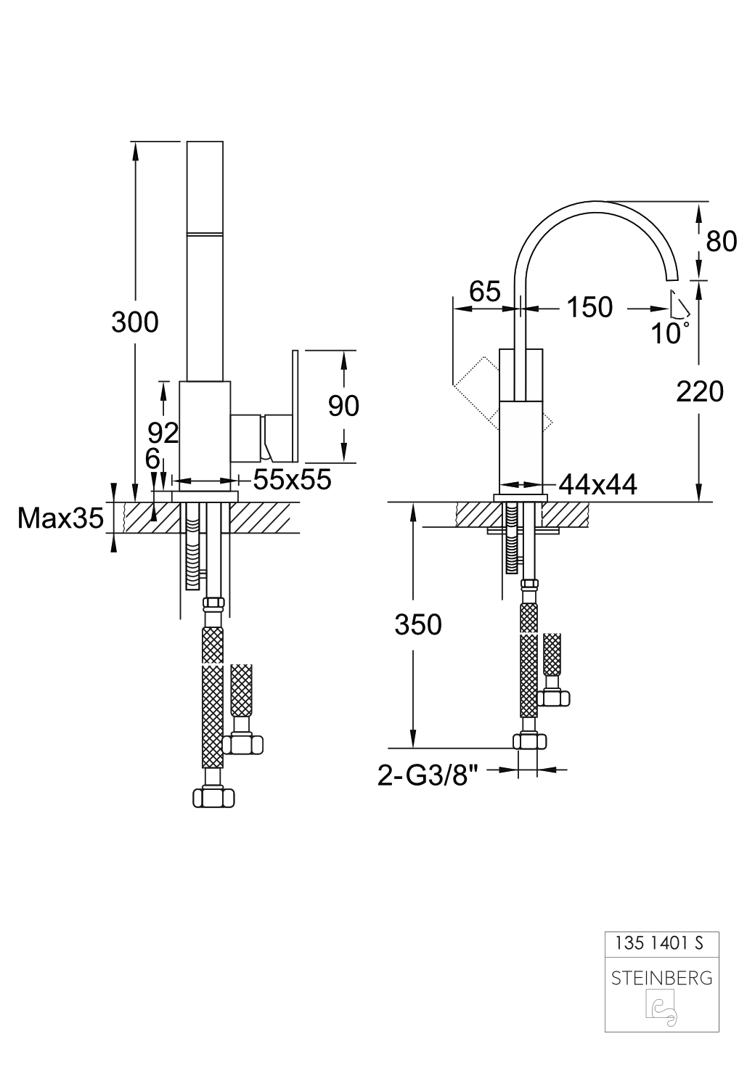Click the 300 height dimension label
coord(134,322)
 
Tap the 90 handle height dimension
coord(343,406)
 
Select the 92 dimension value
coord(163,433)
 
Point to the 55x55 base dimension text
coord(292,479)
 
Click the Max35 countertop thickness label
coord(60,518)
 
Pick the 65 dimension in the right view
coord(485,291)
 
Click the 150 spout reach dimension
coord(589,307)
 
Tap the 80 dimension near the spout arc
coord(721,241)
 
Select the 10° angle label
coord(669,334)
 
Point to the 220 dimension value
coord(700,392)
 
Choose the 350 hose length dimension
coord(417,624)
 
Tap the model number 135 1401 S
coord(658,944)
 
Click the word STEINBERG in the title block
coord(661,978)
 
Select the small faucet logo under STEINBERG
coord(661,1010)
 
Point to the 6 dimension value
coord(152,459)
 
